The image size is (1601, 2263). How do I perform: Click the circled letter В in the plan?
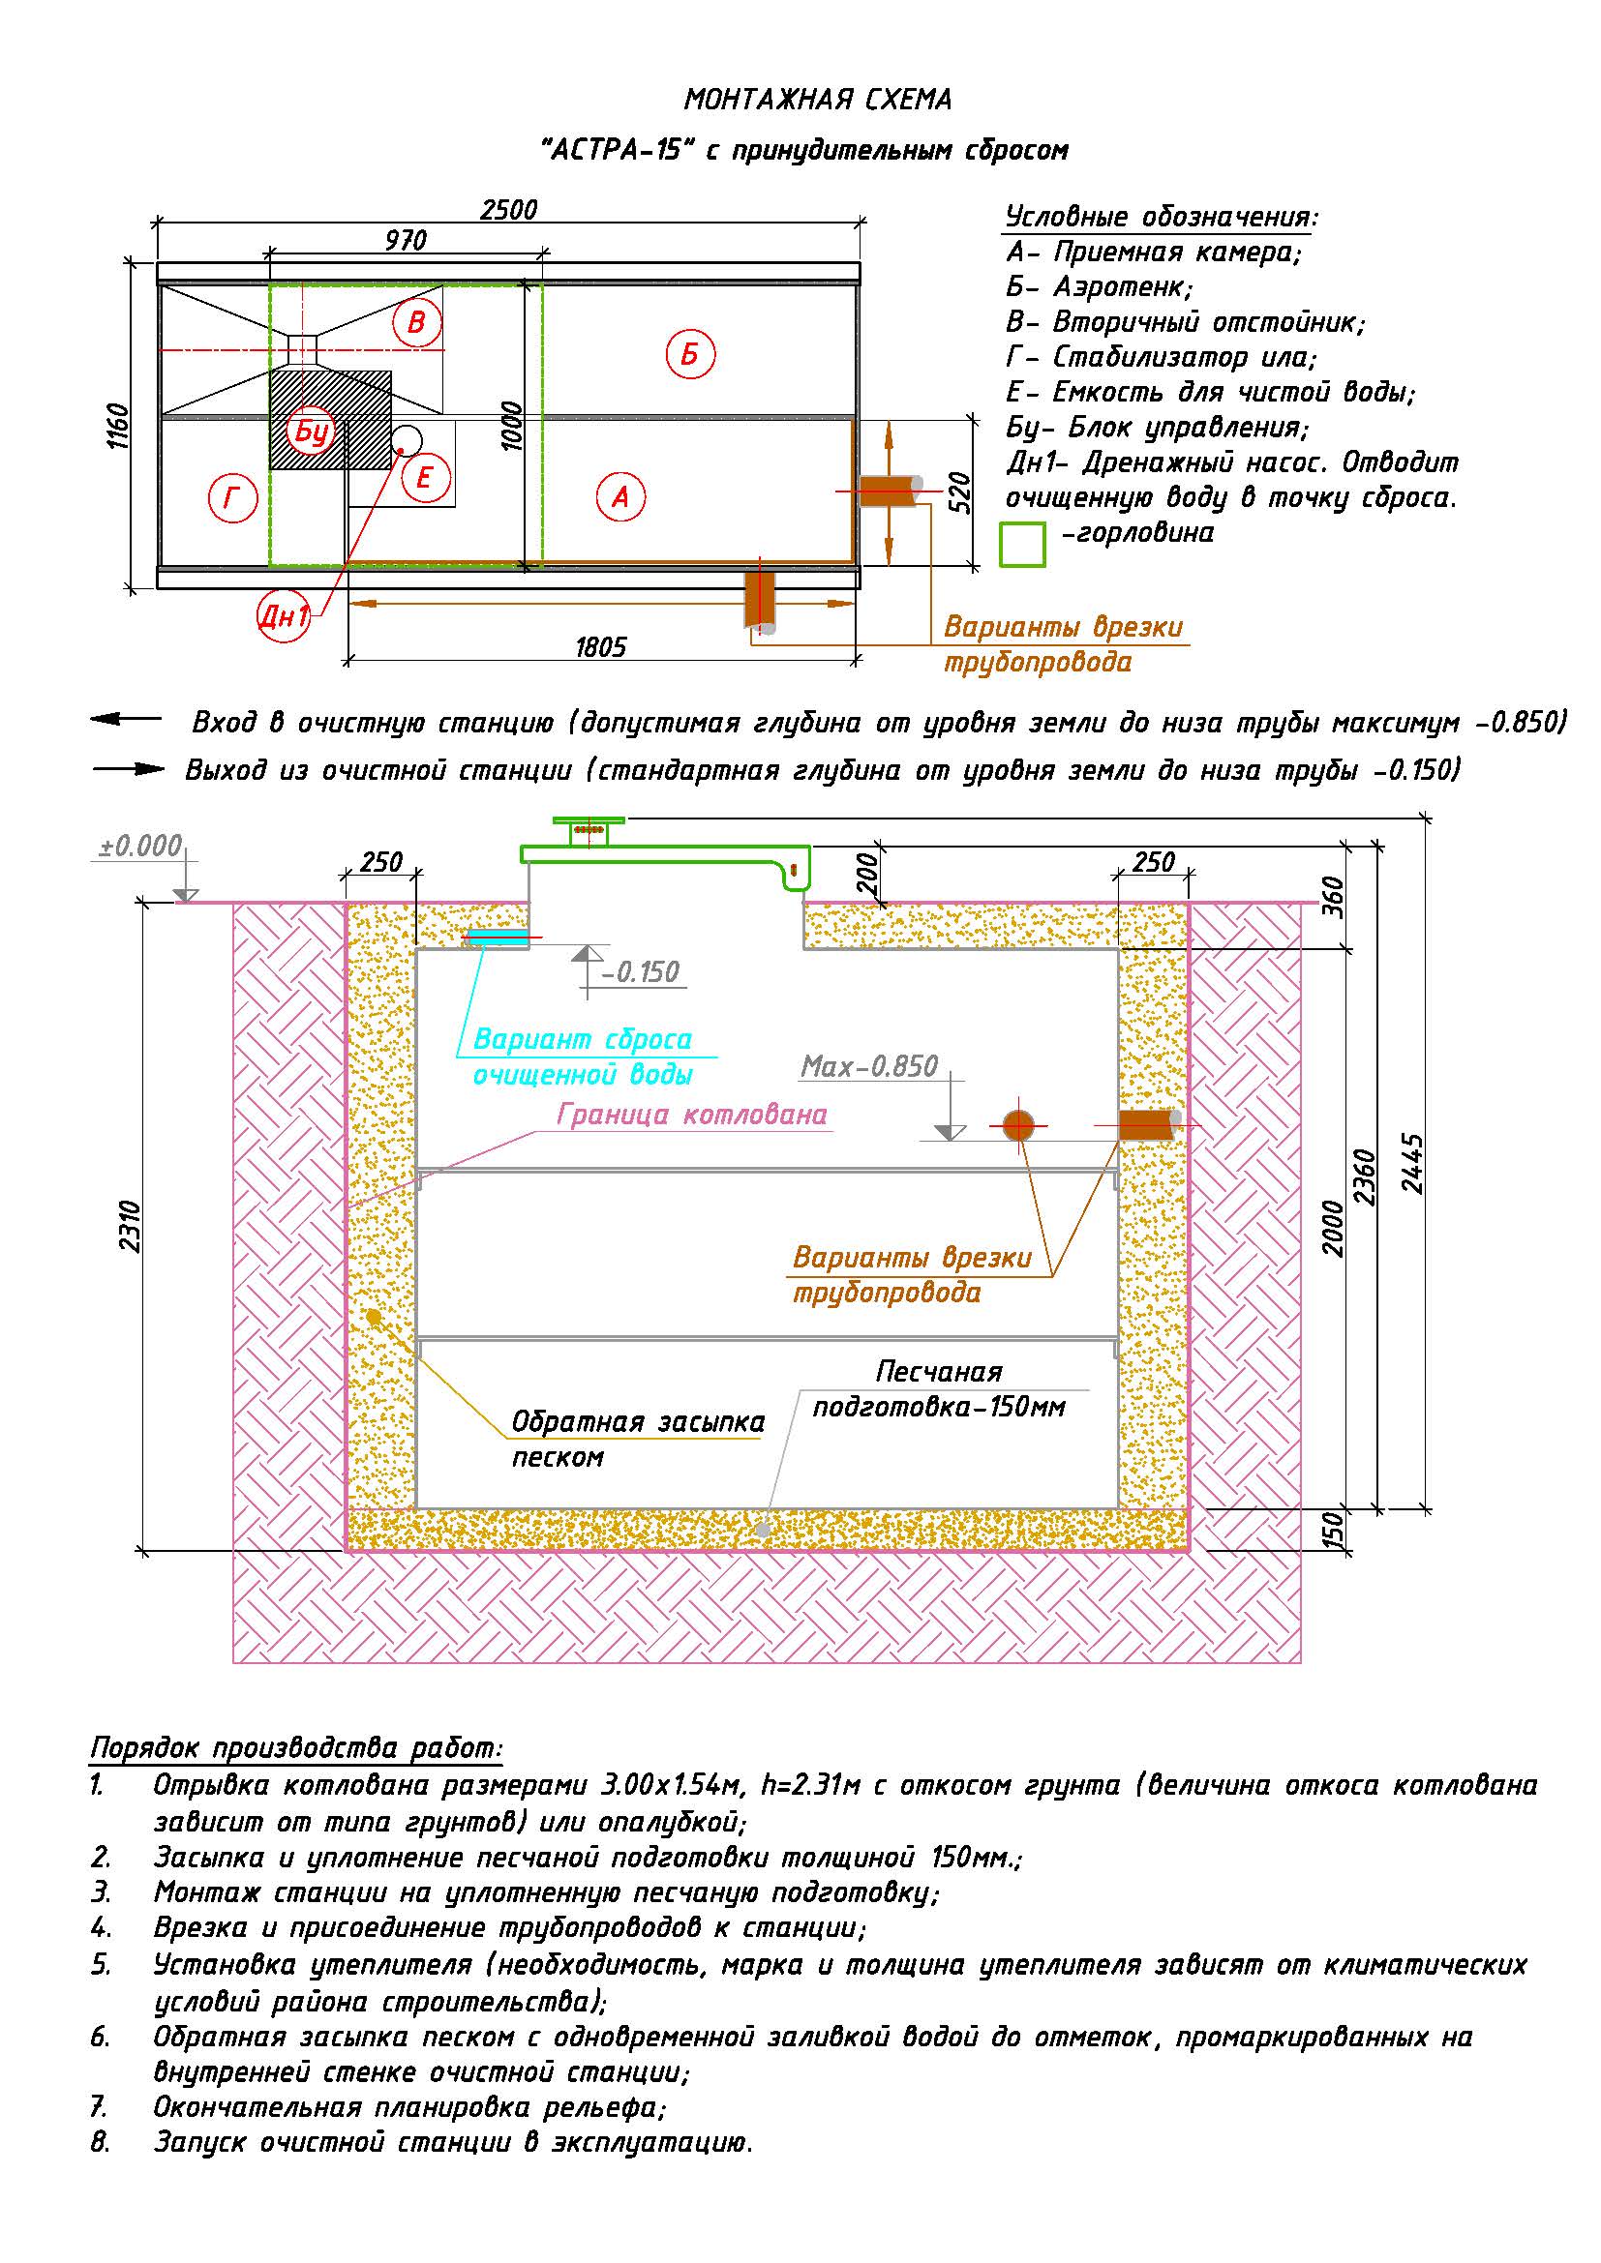(x=417, y=322)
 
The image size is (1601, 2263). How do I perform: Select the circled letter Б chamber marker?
(x=690, y=353)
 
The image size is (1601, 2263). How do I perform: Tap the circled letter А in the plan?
(x=621, y=496)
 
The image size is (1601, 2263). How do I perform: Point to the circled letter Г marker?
(x=232, y=497)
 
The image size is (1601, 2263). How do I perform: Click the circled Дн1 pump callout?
(x=284, y=617)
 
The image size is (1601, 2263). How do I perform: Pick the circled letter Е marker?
(x=426, y=478)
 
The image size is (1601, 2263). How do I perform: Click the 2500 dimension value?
(x=509, y=210)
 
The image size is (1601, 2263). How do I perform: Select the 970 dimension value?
(x=406, y=241)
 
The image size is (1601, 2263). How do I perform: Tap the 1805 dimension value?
(x=600, y=647)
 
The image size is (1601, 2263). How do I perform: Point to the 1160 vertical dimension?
(x=117, y=426)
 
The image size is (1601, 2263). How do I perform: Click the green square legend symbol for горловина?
(x=1022, y=544)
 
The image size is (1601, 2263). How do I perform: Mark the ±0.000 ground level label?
(x=140, y=846)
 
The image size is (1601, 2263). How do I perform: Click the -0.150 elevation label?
(x=641, y=972)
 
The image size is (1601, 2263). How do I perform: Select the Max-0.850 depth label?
(x=869, y=1066)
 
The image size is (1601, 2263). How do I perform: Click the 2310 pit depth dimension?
(x=130, y=1226)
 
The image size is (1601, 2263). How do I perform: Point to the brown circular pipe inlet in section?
(x=1018, y=1124)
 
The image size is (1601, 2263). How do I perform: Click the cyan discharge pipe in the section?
(x=497, y=936)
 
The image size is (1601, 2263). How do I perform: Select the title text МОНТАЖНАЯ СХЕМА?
(x=818, y=100)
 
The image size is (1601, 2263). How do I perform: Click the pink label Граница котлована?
(x=692, y=1115)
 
